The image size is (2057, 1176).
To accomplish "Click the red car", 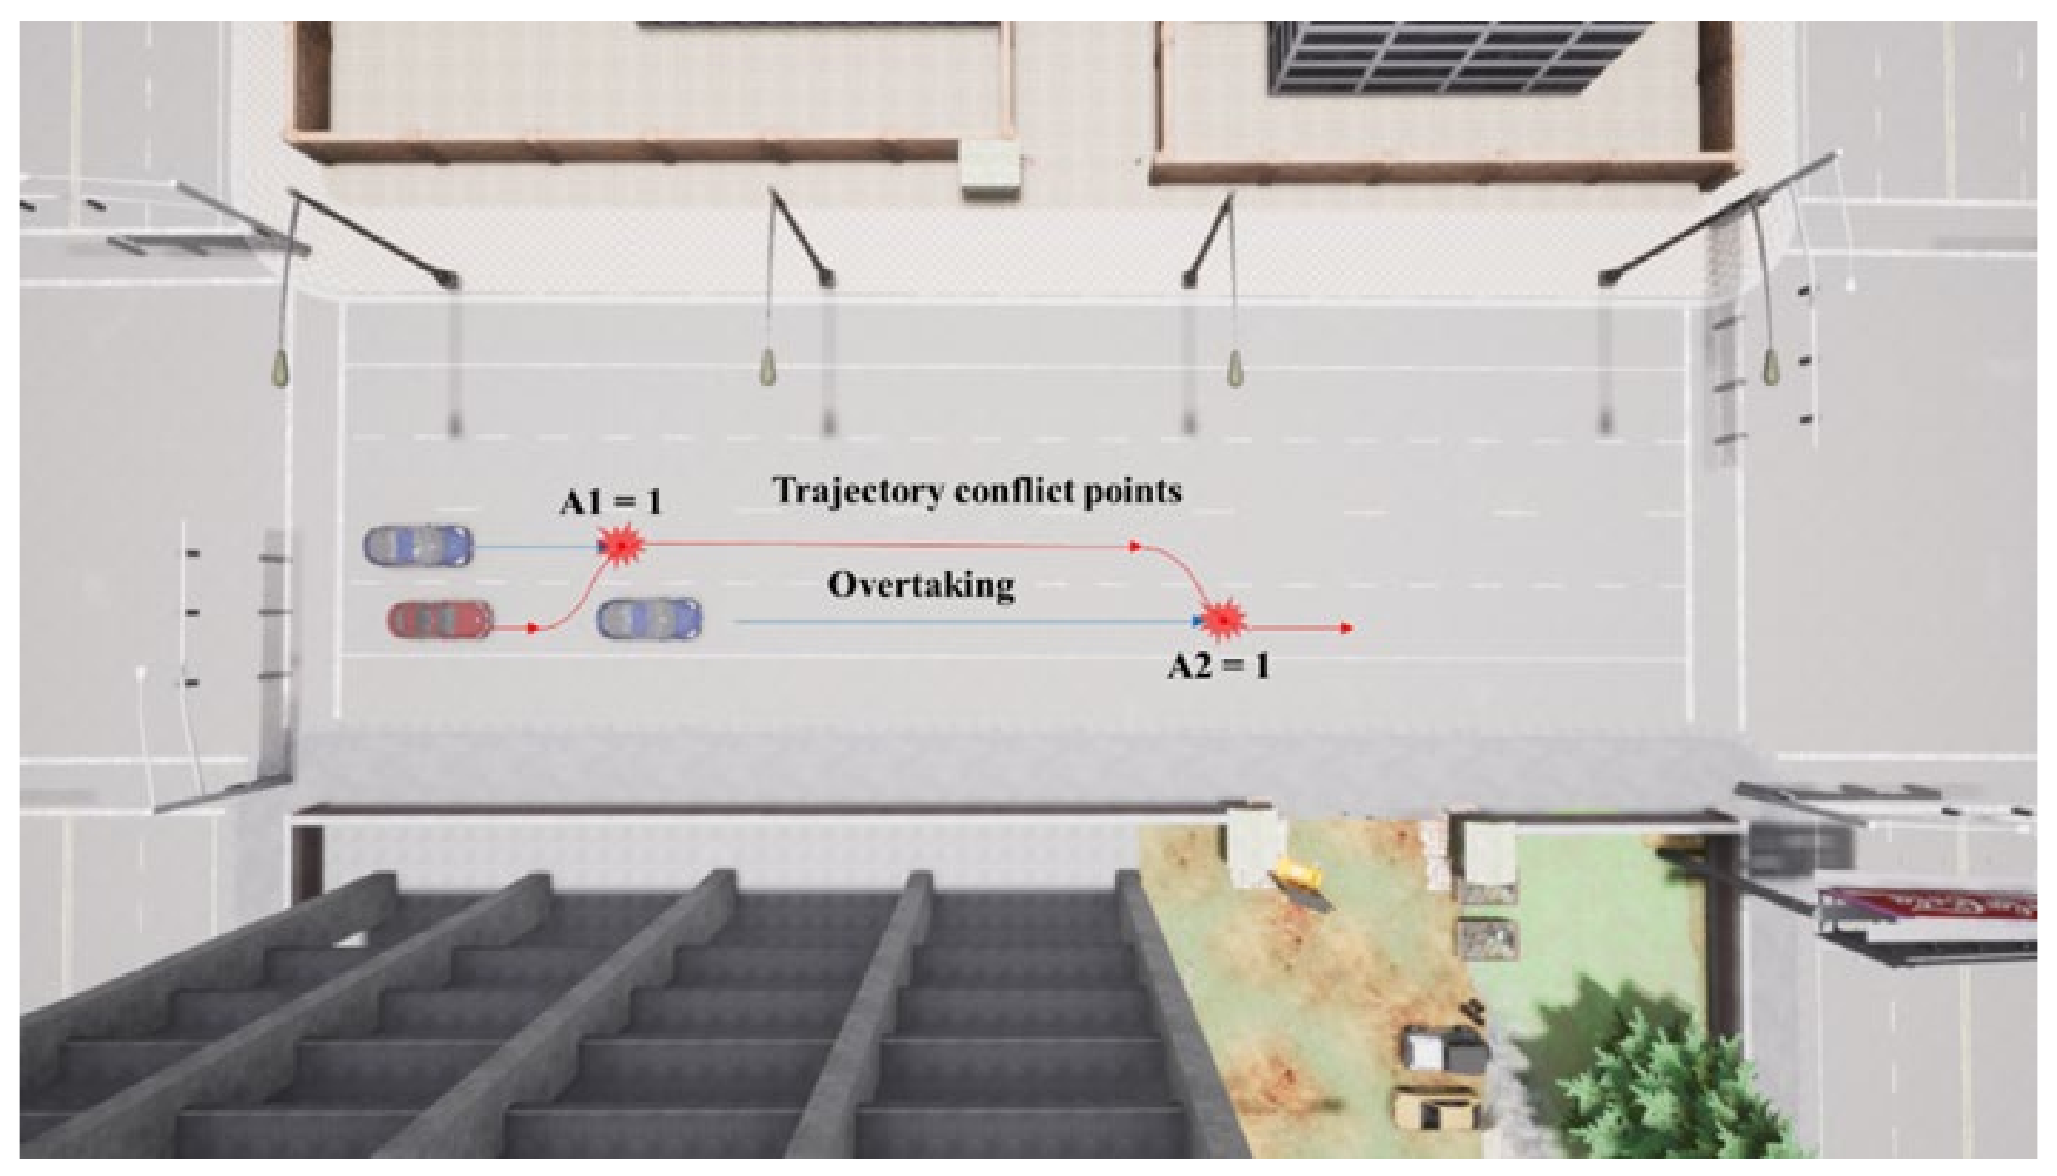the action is click(x=440, y=620).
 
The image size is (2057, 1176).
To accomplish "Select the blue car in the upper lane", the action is click(x=417, y=546).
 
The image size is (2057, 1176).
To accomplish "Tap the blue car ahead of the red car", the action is click(x=649, y=620).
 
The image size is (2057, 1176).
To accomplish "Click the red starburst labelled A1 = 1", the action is click(x=620, y=546).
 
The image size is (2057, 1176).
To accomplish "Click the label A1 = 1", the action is click(x=611, y=503).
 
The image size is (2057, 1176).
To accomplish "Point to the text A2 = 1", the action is click(x=1218, y=666).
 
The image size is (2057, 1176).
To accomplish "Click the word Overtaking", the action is click(x=921, y=585).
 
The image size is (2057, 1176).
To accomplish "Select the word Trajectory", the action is click(x=858, y=491).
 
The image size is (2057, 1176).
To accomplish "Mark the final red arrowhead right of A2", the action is click(x=1346, y=628).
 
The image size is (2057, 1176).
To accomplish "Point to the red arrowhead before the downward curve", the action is click(x=1135, y=547).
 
